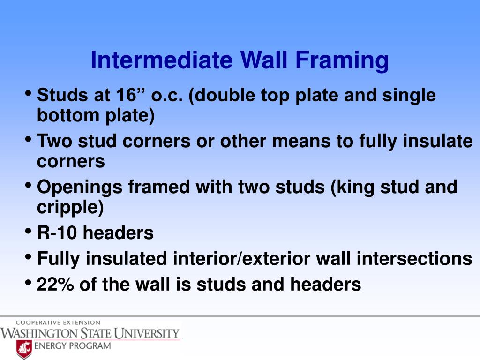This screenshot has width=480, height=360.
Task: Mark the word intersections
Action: click(x=421, y=258)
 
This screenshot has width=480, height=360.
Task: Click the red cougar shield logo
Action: click(x=24, y=349)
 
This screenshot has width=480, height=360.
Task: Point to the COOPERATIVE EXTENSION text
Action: click(x=58, y=322)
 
